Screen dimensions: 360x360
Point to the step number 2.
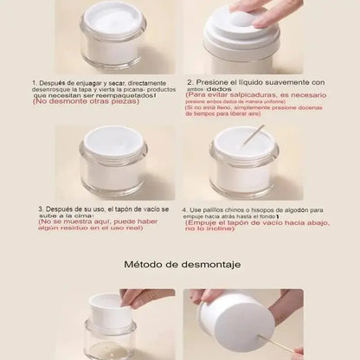pyautogui.click(x=189, y=81)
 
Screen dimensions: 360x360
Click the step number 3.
pyautogui.click(x=40, y=209)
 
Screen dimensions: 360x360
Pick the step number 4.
pyautogui.click(x=184, y=209)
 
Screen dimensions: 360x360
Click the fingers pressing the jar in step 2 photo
pyautogui.click(x=260, y=10)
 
